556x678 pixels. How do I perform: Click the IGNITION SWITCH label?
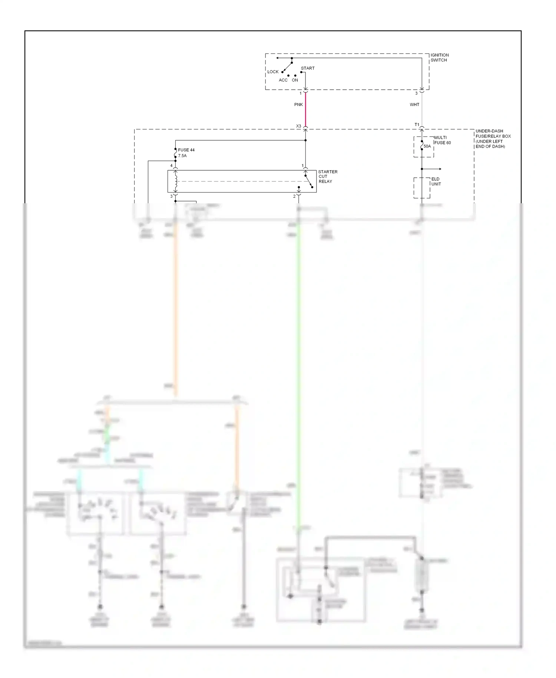(440, 57)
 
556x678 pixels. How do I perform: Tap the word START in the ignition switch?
(308, 68)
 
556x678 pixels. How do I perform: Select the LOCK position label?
(273, 72)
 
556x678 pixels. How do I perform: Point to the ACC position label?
(283, 80)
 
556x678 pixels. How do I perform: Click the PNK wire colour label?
(298, 105)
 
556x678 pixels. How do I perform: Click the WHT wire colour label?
(414, 105)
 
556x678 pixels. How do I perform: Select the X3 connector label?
(298, 126)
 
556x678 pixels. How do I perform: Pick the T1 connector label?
(417, 125)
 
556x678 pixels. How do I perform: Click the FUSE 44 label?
(186, 150)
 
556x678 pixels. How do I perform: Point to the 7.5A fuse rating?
(182, 156)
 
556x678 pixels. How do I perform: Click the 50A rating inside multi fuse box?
(427, 147)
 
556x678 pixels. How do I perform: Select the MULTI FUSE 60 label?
(442, 140)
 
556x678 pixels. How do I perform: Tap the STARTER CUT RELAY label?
(328, 177)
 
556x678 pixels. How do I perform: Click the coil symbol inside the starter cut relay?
(176, 181)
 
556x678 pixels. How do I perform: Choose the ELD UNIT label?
(436, 181)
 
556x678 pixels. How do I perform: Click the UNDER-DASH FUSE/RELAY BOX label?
(493, 139)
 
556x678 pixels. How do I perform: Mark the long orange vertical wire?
(175, 308)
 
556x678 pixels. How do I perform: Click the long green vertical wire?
(298, 352)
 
